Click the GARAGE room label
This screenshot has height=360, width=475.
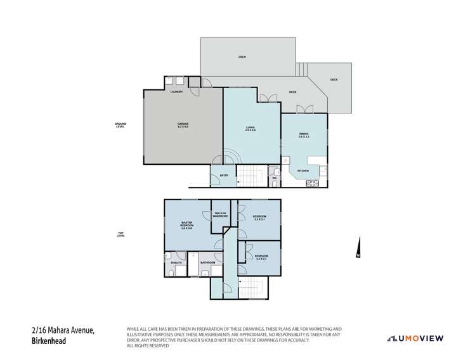(183, 125)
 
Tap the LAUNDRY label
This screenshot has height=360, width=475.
(176, 93)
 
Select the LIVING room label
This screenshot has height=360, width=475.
(251, 129)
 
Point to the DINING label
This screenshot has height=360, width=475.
(304, 135)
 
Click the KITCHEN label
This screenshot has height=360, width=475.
(303, 170)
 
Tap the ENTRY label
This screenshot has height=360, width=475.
(224, 176)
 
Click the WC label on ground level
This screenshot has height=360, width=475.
(275, 177)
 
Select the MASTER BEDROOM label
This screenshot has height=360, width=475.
(186, 225)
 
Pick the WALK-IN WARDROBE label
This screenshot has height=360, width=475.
(221, 215)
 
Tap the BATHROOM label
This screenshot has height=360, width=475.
(208, 262)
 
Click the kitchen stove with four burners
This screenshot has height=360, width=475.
(313, 183)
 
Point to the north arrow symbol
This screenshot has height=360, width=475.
(358, 248)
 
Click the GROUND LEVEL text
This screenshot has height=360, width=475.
(120, 125)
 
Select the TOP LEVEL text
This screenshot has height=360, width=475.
(120, 235)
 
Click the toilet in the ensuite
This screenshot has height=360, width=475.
(171, 273)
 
